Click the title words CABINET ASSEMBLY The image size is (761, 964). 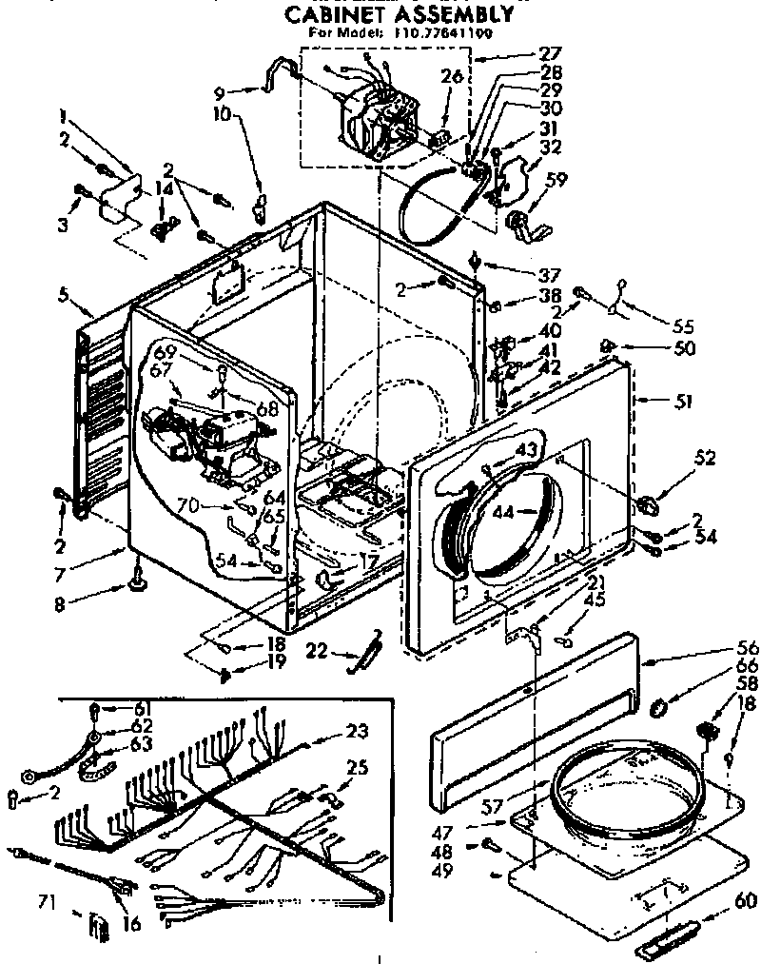coord(400,13)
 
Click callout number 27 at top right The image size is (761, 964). coord(550,53)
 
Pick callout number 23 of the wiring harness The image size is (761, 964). coord(356,732)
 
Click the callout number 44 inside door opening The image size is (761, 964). coord(504,512)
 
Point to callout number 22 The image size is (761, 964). coord(319,650)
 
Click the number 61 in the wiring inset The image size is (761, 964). coord(142,707)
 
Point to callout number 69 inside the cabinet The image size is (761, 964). coord(167,350)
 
